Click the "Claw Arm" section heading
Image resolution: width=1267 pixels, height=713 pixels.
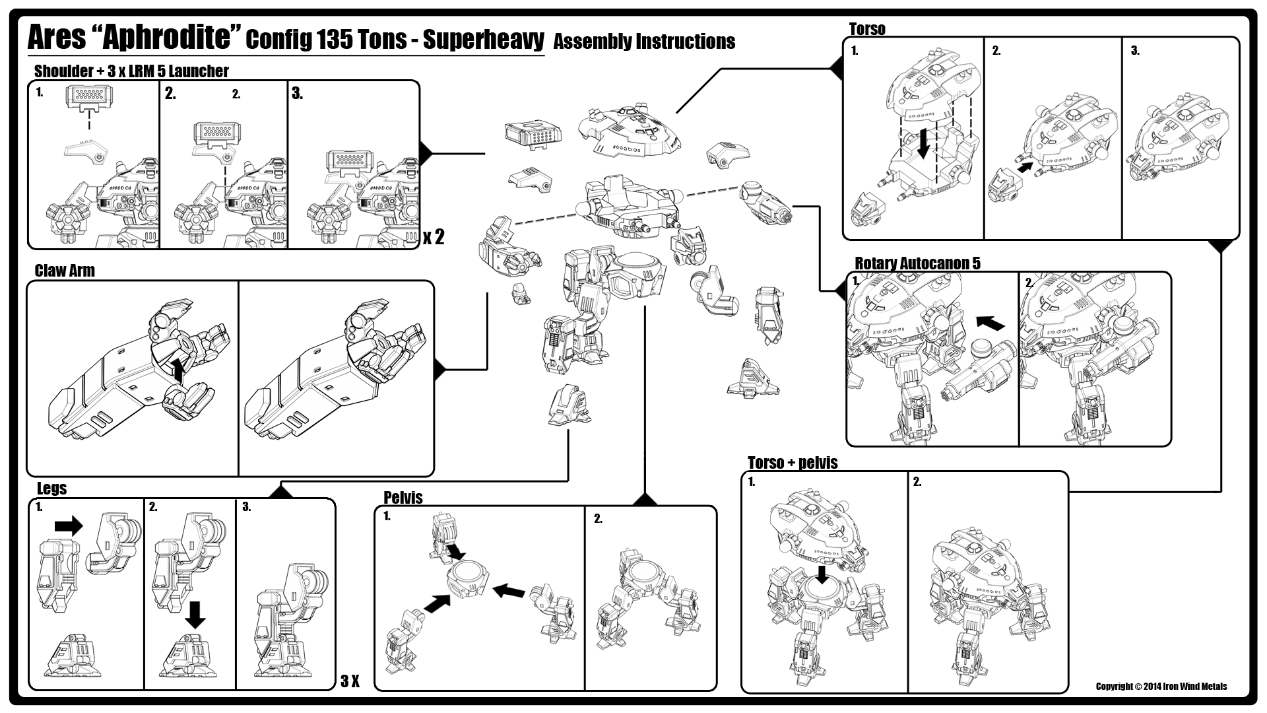pos(65,271)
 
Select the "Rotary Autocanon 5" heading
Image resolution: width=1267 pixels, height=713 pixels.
pos(917,263)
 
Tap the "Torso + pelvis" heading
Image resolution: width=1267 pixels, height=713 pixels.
pos(793,463)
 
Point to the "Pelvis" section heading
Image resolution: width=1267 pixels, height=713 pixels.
pos(403,498)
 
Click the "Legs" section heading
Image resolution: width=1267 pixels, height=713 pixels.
pos(51,489)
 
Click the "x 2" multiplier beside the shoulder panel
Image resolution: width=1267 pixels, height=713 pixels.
pos(434,237)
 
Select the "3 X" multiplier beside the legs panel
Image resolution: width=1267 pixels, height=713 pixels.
pos(350,681)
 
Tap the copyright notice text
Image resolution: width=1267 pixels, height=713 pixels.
pos(1161,687)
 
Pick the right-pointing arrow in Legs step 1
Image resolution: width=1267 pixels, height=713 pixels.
pos(69,526)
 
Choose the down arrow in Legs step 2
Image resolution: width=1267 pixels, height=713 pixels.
pos(195,614)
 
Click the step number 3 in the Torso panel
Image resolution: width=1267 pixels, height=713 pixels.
pos(1135,51)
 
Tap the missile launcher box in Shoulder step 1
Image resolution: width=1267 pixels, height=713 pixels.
pos(88,97)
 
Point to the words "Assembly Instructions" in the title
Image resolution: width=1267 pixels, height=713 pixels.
pos(644,42)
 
